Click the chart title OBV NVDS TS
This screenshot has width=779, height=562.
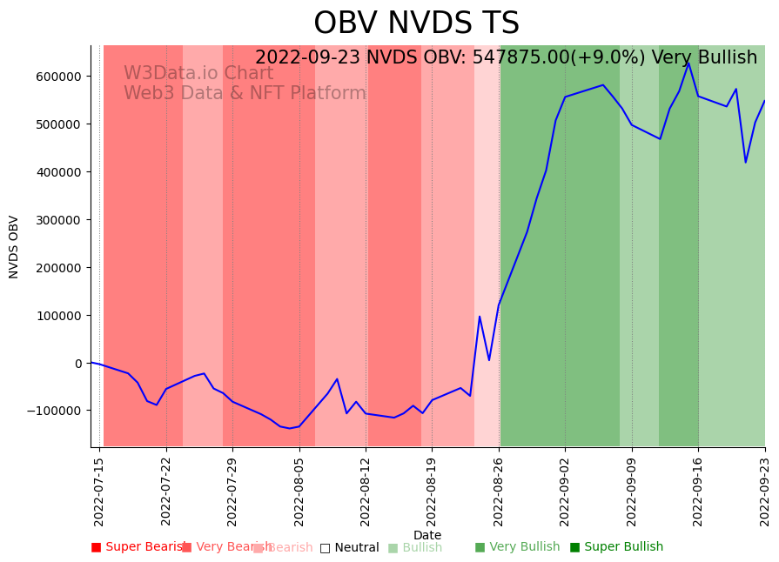(x=416, y=23)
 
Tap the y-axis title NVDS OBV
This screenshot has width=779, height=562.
(x=14, y=246)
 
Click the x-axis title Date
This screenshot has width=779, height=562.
(x=427, y=535)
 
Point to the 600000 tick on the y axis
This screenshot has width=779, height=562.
(x=57, y=77)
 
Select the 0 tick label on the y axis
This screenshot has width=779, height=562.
(x=77, y=364)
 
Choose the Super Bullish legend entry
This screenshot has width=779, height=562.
(x=616, y=547)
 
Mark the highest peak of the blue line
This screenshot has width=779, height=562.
(x=688, y=63)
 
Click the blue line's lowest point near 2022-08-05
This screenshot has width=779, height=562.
(x=290, y=428)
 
